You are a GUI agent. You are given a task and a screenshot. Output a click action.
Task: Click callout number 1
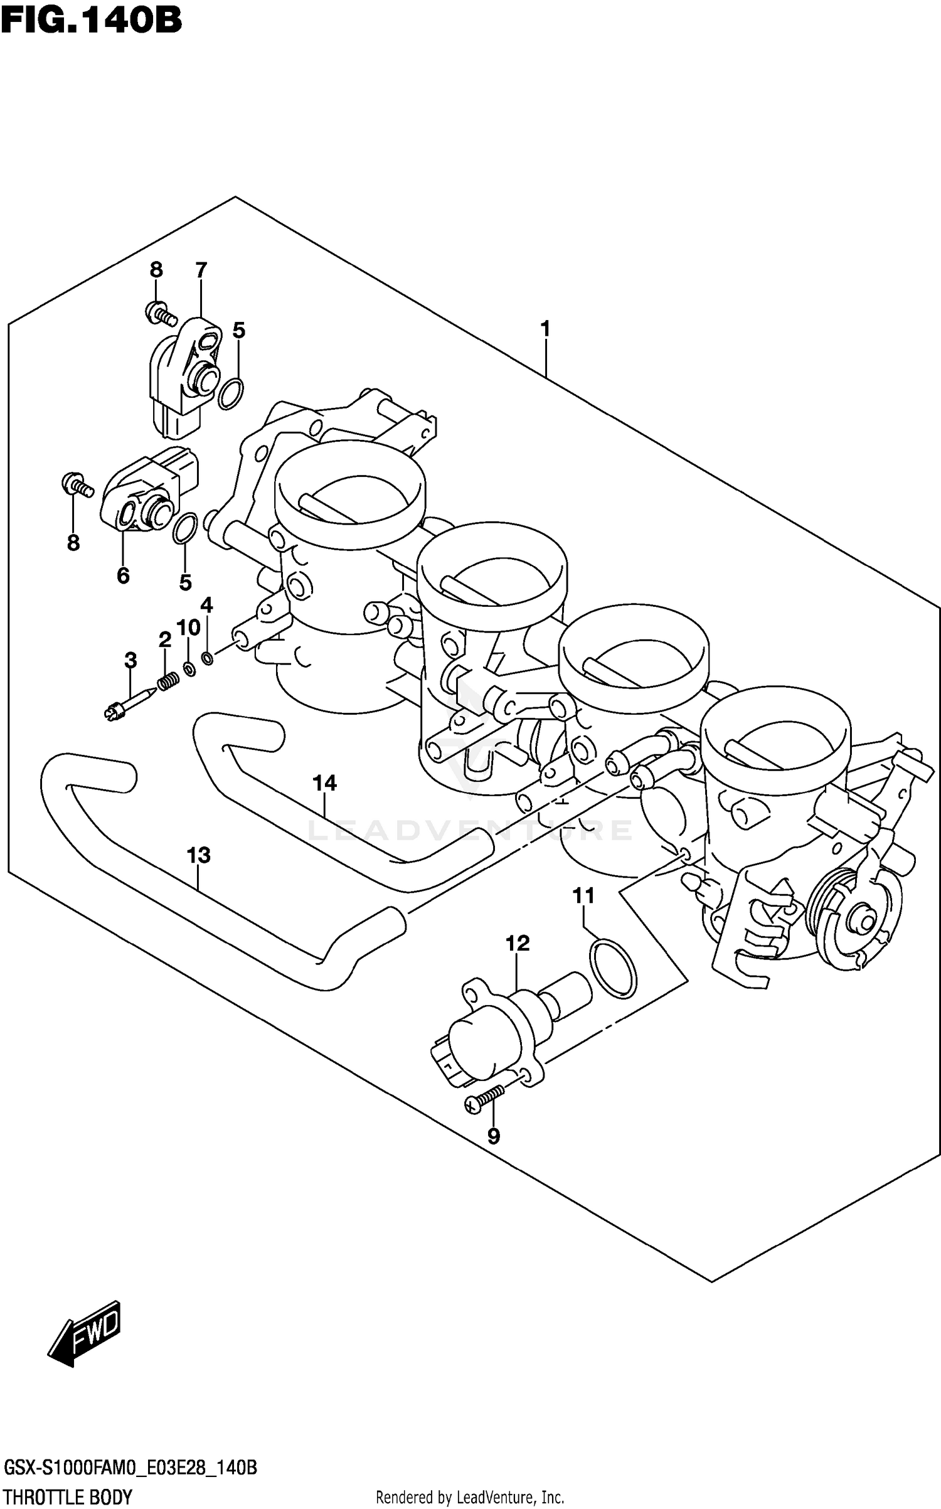pyautogui.click(x=545, y=328)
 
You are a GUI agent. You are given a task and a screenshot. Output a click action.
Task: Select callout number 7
pyautogui.click(x=201, y=270)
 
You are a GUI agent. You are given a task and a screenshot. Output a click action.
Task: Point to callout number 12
pyautogui.click(x=518, y=943)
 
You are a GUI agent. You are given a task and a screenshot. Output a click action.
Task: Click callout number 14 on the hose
pyautogui.click(x=324, y=782)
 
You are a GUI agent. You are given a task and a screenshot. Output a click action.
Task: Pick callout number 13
pyautogui.click(x=198, y=855)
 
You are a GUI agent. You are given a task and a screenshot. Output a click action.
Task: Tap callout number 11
pyautogui.click(x=583, y=896)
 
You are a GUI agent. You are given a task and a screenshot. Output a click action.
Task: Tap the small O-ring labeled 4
pyautogui.click(x=207, y=658)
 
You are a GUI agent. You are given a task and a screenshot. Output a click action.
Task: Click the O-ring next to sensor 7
pyautogui.click(x=231, y=394)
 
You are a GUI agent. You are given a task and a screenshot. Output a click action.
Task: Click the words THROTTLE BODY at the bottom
pyautogui.click(x=67, y=1498)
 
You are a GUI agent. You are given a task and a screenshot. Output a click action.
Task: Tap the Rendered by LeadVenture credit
pyautogui.click(x=470, y=1498)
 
